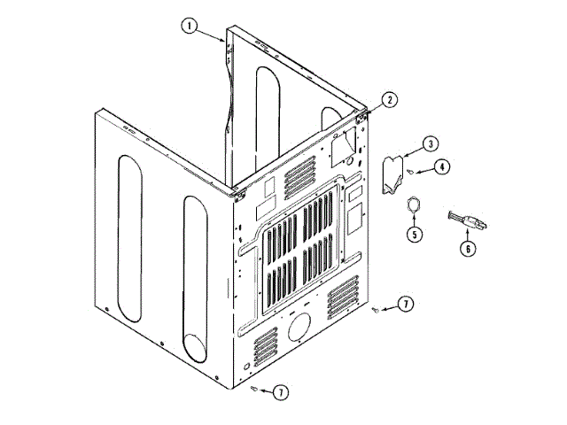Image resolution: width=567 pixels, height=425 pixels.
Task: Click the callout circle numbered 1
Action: [189, 26]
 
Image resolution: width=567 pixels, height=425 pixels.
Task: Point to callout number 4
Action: [439, 165]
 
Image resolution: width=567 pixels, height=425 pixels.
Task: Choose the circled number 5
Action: [412, 235]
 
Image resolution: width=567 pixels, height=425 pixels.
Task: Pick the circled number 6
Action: [467, 249]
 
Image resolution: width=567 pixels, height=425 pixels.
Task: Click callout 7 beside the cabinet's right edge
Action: [404, 305]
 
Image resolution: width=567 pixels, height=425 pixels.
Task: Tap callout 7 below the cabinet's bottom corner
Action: [280, 391]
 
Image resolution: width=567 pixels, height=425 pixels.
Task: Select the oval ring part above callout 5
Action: [412, 206]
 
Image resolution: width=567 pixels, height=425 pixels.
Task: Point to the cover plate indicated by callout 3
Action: [392, 173]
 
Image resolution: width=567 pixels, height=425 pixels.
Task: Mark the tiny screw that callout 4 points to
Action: [413, 171]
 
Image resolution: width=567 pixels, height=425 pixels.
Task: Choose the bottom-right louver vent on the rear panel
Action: [343, 293]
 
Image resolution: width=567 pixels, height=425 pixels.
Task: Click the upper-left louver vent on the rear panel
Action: [296, 181]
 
